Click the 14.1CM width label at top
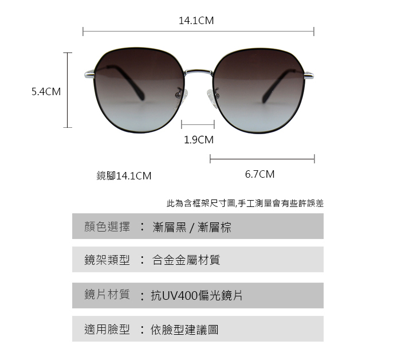196,21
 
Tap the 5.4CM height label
46,91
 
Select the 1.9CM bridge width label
198,139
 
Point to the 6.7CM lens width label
260,174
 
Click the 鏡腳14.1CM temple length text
124,175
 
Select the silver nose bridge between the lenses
198,73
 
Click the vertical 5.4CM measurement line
68,90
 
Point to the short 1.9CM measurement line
198,124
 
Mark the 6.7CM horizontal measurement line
262,158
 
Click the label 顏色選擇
107,227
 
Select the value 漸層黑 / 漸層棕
192,228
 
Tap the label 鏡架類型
107,260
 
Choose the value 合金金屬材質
186,260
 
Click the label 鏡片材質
107,295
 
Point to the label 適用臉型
107,330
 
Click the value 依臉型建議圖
184,330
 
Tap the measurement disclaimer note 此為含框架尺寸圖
245,203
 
